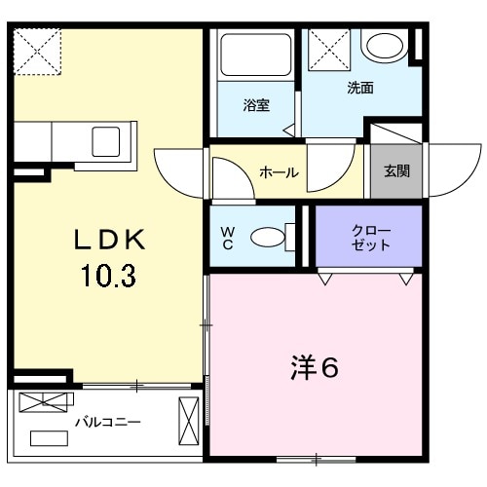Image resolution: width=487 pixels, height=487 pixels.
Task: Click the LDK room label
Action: click(110, 240)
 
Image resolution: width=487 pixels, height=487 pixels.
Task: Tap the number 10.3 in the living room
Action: click(109, 277)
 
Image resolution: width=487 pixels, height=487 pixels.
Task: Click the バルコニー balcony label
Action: click(109, 423)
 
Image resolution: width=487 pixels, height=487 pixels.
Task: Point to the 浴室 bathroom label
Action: click(256, 105)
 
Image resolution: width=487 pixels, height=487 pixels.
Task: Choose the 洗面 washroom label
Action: click(360, 88)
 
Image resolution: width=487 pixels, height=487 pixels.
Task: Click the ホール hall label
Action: click(279, 172)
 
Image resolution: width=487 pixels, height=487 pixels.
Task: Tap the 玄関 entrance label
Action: click(395, 171)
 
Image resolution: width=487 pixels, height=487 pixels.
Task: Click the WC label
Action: click(228, 237)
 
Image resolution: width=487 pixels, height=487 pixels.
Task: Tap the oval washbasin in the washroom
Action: click(385, 46)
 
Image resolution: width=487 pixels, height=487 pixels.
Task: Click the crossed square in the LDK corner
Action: click(36, 51)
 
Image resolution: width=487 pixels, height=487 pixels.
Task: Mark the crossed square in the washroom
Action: click(329, 47)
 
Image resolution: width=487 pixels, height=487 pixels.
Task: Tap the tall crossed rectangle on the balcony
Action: click(186, 421)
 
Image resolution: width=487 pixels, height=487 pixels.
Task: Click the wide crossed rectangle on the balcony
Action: click(46, 401)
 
